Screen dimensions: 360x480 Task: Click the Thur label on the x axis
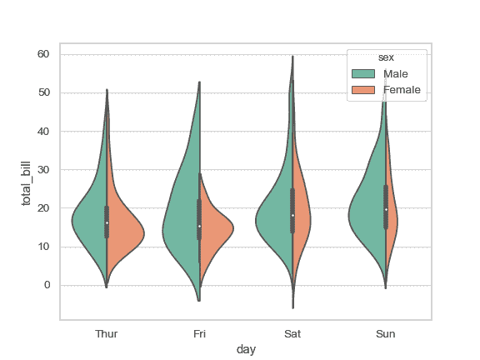(107, 333)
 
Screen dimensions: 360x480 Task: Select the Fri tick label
(199, 333)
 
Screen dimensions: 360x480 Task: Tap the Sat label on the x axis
(292, 333)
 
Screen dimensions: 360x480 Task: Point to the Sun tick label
(385, 333)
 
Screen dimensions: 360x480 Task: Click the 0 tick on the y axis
(47, 285)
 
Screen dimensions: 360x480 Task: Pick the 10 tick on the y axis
(43, 247)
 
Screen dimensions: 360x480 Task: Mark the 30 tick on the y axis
(43, 170)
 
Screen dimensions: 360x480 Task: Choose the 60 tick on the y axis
(43, 54)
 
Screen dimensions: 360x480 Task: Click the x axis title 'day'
(246, 350)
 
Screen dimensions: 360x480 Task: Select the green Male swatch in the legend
(363, 74)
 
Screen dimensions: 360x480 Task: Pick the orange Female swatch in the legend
(363, 90)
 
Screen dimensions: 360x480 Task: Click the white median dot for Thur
(107, 222)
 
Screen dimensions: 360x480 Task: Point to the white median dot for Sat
(292, 215)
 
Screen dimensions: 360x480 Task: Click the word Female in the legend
(402, 90)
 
